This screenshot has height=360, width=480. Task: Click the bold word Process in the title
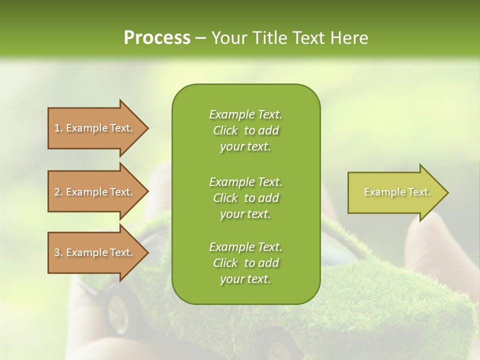pos(157,38)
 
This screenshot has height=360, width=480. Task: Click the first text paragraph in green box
pos(245,130)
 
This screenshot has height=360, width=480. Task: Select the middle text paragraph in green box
pos(245,198)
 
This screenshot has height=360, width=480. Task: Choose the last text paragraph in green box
pos(245,263)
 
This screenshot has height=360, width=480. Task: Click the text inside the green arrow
pos(397,192)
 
